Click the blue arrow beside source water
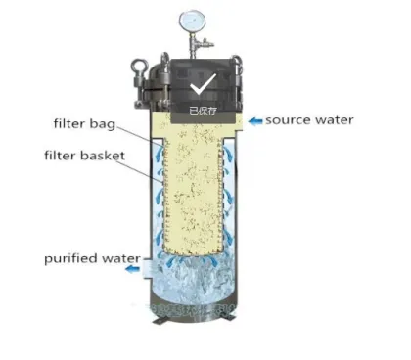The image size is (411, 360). coord(253,120)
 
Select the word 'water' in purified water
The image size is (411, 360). coord(117,258)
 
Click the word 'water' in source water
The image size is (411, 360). coord(334,120)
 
